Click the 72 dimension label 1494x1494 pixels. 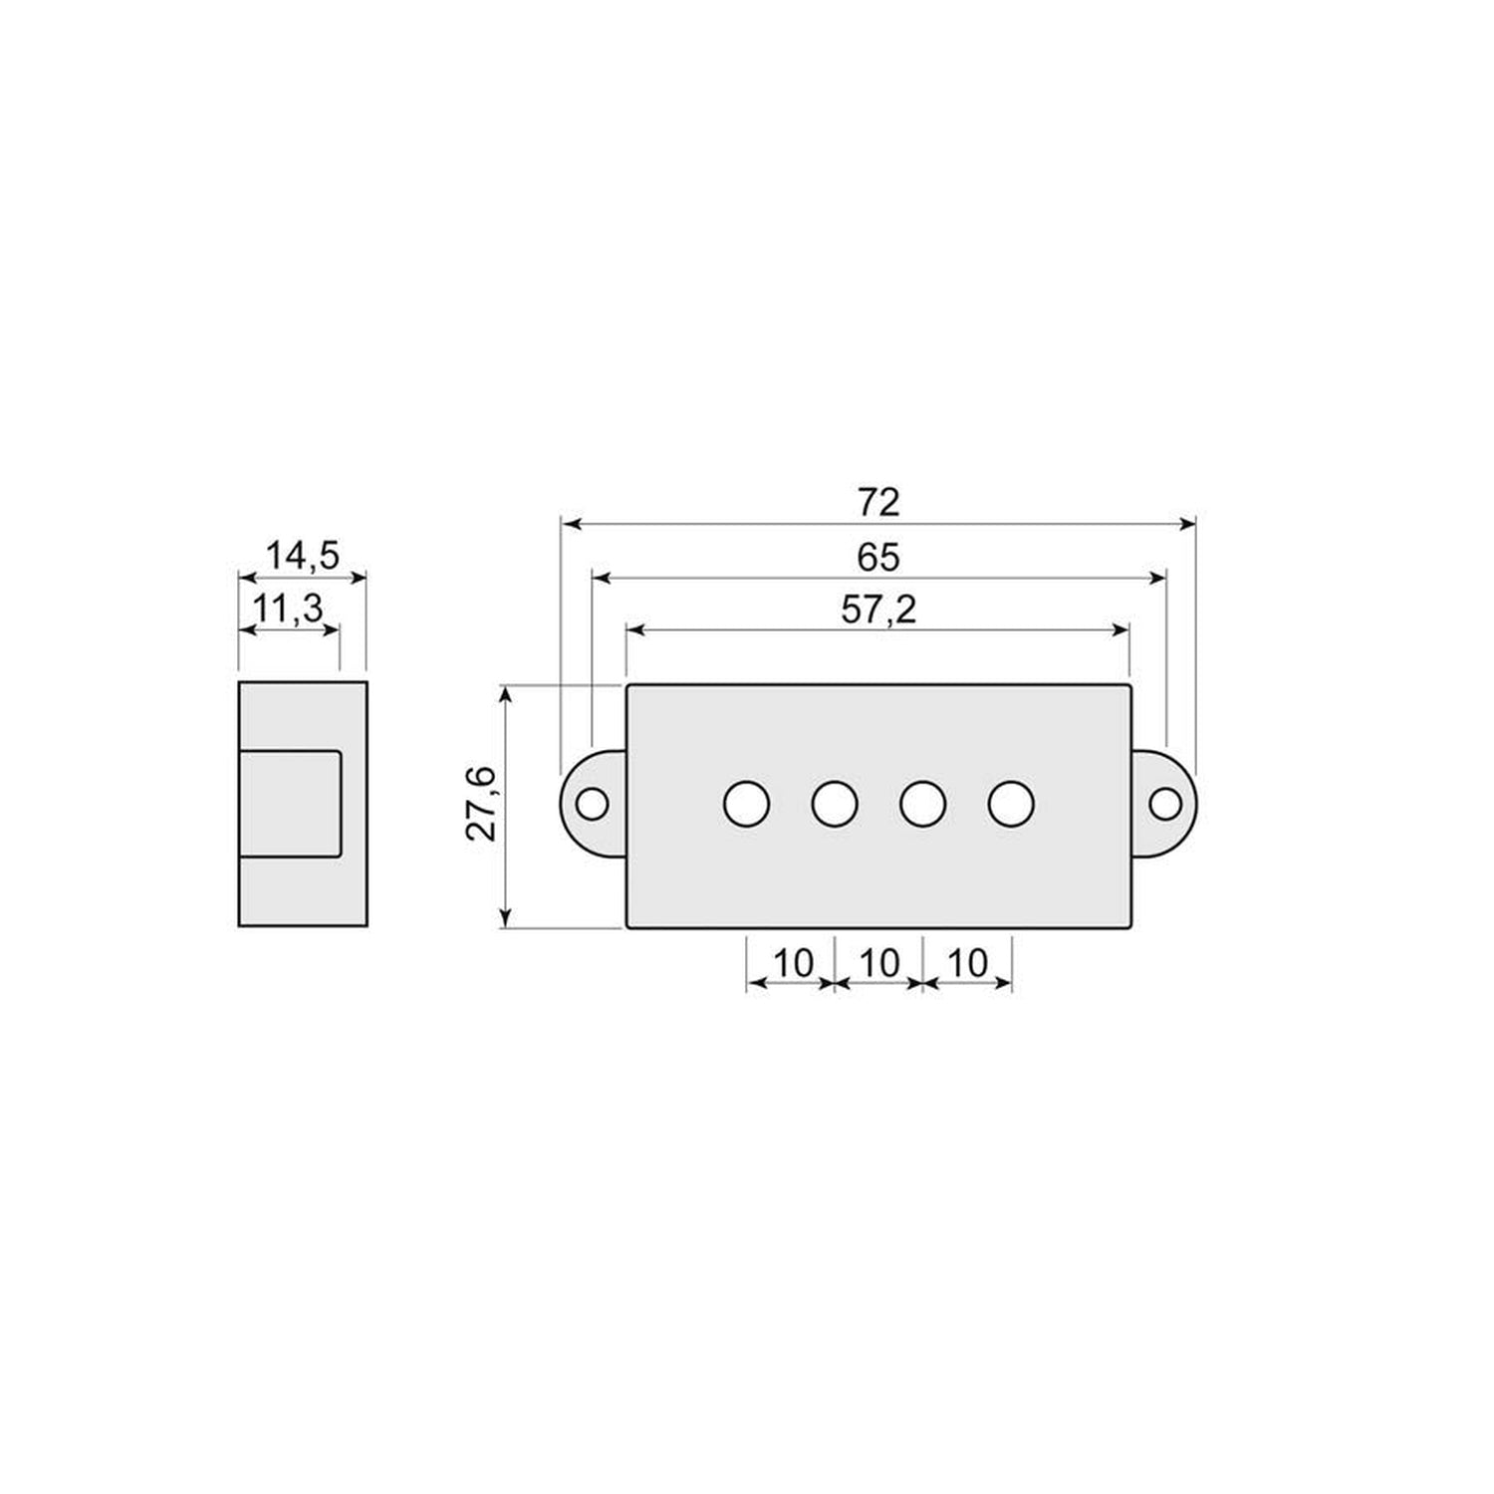877,502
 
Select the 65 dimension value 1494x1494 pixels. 877,558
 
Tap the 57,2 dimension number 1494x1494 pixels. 877,610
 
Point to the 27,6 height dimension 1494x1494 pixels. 483,805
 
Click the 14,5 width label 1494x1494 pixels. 302,556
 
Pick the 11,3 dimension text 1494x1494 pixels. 289,608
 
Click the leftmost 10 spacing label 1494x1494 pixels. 794,963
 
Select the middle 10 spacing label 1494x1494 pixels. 878,963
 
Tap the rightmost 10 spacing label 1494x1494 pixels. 966,963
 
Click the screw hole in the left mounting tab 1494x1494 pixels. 593,803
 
